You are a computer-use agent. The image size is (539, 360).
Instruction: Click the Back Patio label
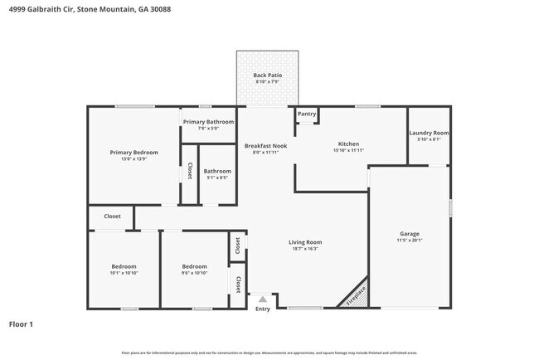click(267, 75)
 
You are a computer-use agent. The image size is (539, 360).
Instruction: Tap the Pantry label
click(307, 114)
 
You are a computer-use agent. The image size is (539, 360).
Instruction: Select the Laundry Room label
click(429, 133)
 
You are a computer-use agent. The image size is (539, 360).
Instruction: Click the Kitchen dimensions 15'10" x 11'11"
click(347, 150)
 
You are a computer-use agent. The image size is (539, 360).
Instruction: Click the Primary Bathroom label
click(208, 122)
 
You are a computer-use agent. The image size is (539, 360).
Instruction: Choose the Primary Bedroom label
click(134, 152)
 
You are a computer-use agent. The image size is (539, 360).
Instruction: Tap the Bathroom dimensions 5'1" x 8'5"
click(217, 178)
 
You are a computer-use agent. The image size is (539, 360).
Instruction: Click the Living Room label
click(305, 242)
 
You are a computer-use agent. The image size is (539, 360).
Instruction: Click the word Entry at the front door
click(263, 309)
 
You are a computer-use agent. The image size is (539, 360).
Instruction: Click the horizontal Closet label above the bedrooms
click(112, 216)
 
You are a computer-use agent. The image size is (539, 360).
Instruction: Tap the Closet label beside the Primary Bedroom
click(189, 171)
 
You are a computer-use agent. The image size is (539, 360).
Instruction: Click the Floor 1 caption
click(21, 324)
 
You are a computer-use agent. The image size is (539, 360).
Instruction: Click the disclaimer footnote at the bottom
click(269, 353)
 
